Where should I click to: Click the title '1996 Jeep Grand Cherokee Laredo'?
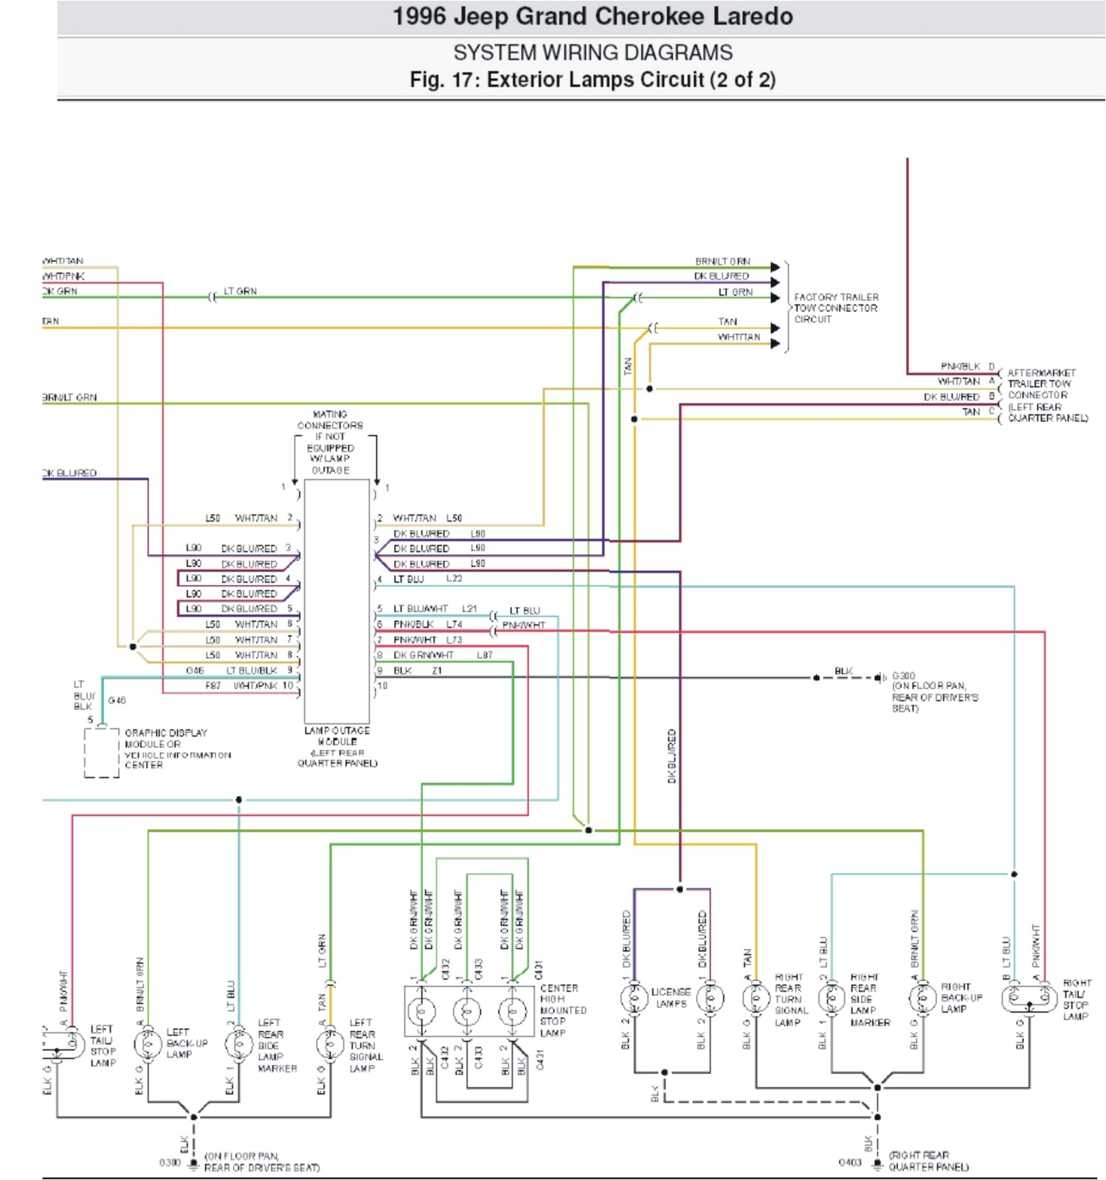(592, 17)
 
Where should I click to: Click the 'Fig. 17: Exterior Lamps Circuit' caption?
(592, 80)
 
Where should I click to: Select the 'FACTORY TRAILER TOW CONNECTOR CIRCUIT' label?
(835, 308)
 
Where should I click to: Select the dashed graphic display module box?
(101, 752)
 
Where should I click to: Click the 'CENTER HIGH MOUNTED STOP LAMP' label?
(563, 1010)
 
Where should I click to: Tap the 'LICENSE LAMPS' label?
(671, 998)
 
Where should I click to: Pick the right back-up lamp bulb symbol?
(922, 999)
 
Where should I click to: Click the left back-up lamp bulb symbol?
(148, 1044)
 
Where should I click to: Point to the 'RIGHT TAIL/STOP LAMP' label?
(1076, 999)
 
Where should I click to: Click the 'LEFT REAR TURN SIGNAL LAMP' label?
(364, 1045)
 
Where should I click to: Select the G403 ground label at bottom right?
(850, 1162)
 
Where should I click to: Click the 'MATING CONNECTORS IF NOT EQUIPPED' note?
(330, 442)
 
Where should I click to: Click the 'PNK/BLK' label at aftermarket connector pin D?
(960, 366)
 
